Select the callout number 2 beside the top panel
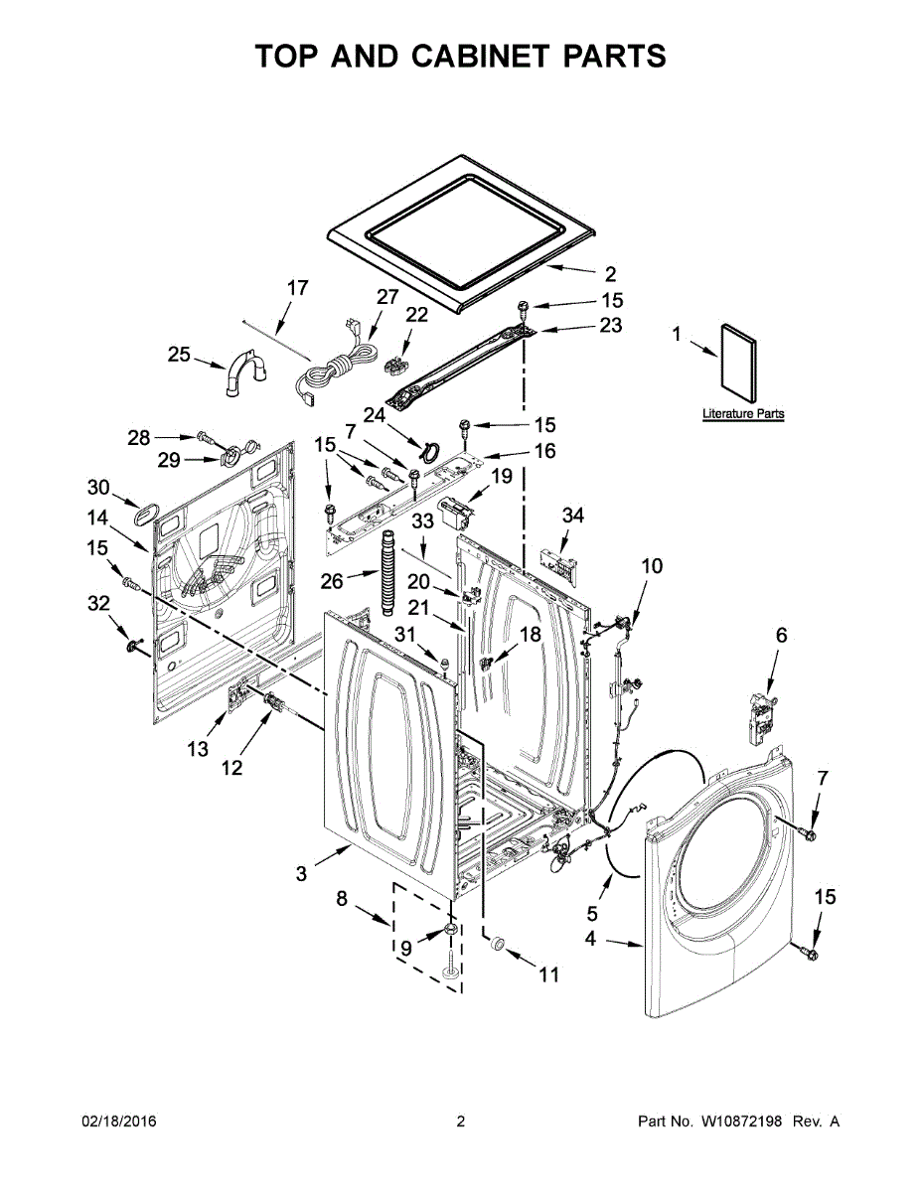point(610,274)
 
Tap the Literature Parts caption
point(743,413)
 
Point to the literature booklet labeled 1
point(737,361)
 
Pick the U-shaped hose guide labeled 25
point(244,371)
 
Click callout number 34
point(573,516)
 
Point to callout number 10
point(651,567)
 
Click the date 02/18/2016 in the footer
point(118,1121)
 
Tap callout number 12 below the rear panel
point(231,767)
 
